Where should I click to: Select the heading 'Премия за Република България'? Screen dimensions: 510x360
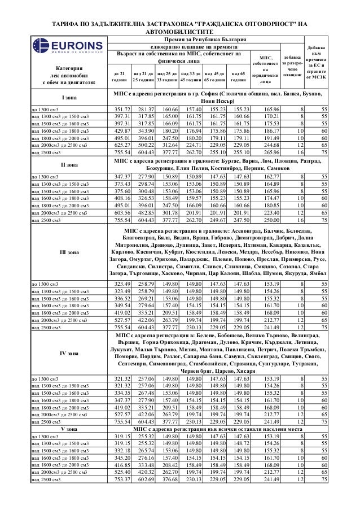tap(205, 38)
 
